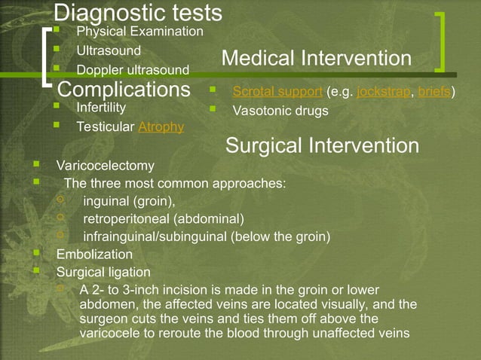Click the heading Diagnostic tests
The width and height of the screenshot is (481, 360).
pos(138,13)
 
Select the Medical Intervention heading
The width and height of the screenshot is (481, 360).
pos(317,59)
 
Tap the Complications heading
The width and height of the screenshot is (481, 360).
pos(124,90)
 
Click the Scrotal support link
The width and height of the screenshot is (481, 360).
pos(278,92)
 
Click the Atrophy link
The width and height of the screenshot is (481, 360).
pos(161,127)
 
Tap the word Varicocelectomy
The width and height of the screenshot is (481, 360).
pos(106,165)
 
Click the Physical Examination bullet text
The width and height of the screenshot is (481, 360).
pos(140,32)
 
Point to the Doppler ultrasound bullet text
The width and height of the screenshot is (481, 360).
pos(133,70)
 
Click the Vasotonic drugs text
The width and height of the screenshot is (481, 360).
pos(280,111)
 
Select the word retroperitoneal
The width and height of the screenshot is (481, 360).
pos(126,219)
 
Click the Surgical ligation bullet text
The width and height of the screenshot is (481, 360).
pos(103,272)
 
